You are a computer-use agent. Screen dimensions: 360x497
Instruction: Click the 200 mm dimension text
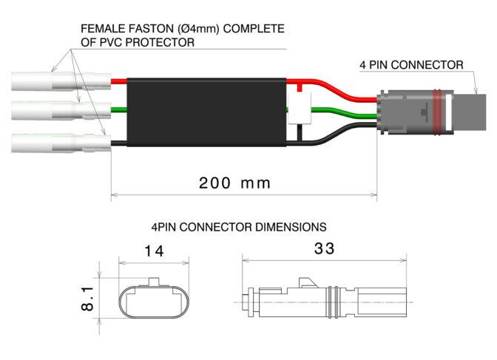tap(234, 183)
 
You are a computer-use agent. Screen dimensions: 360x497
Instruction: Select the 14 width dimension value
tap(154, 251)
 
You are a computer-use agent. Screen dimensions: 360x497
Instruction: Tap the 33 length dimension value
tap(325, 249)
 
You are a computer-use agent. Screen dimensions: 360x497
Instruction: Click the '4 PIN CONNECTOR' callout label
tap(411, 65)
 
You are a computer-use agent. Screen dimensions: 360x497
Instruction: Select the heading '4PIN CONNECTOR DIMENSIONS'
tap(238, 226)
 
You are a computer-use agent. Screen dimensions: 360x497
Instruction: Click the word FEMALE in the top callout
tap(102, 30)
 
